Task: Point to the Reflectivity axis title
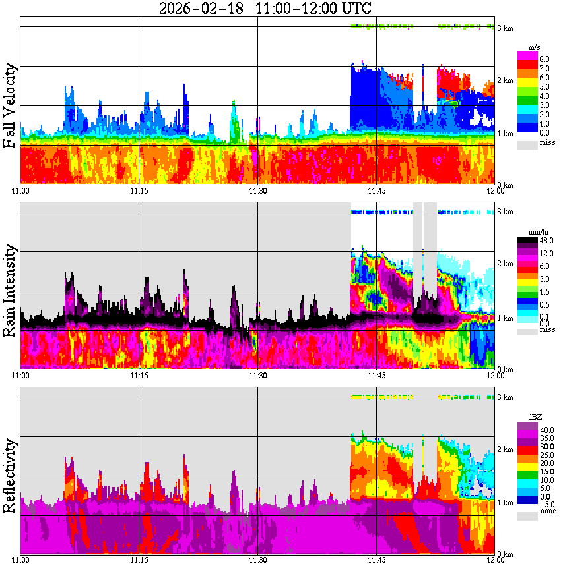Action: point(10,476)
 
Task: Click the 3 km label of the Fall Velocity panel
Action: point(505,28)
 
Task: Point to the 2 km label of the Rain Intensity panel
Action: point(505,264)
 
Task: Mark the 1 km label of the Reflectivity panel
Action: point(505,503)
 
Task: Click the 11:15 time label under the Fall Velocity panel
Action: point(138,191)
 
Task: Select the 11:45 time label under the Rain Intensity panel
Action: point(376,375)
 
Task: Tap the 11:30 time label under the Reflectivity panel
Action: point(257,560)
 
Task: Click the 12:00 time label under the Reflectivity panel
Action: point(494,560)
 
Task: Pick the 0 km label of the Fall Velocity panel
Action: point(505,185)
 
